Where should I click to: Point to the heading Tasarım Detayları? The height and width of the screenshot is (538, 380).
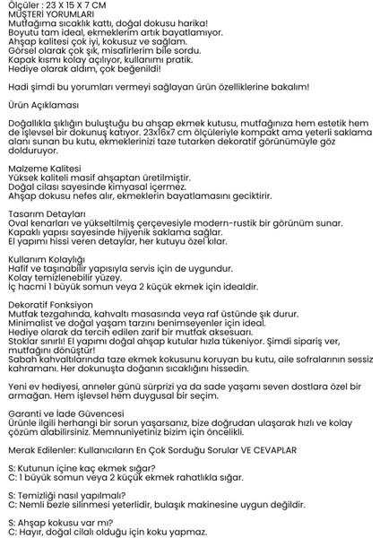coord(46,213)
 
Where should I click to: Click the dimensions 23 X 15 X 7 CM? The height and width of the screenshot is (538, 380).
coord(69,5)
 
